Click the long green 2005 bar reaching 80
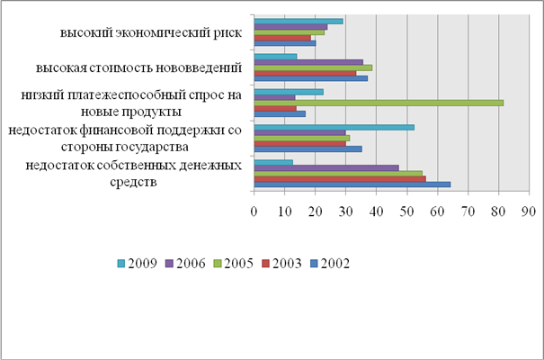pos(378,103)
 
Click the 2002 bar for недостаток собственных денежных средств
pos(352,184)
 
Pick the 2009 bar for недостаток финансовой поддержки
pos(334,127)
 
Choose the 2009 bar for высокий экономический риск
pos(299,21)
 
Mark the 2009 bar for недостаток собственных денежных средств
pos(273,162)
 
